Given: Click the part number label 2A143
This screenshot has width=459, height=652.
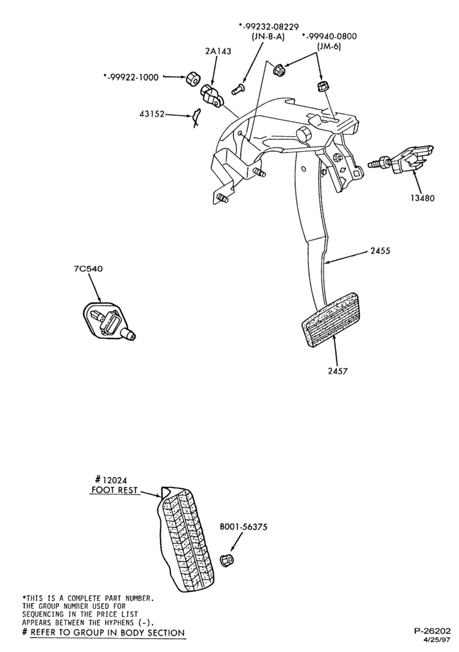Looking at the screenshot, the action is [218, 51].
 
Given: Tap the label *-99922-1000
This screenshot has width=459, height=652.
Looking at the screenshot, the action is [131, 78].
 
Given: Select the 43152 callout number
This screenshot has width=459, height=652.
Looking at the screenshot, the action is [152, 113].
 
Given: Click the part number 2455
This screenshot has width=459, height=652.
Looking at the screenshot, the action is [379, 251].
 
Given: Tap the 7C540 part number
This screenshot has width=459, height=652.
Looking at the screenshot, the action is [89, 269].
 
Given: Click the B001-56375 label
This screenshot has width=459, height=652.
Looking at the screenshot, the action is [243, 527].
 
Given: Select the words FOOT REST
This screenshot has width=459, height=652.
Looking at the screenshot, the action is [114, 490].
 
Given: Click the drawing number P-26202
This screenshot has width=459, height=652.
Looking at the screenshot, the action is [432, 630].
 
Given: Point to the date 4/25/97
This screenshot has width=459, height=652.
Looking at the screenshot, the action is [436, 640].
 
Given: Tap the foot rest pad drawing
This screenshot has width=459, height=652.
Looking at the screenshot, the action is [186, 539].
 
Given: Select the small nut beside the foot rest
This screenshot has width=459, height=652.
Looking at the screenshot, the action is [227, 559].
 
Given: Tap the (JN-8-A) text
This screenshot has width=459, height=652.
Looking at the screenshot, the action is [269, 37].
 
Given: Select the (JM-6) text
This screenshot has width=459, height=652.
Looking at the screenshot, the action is [329, 46].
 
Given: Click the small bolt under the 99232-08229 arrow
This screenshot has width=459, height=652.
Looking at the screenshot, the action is [238, 89].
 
